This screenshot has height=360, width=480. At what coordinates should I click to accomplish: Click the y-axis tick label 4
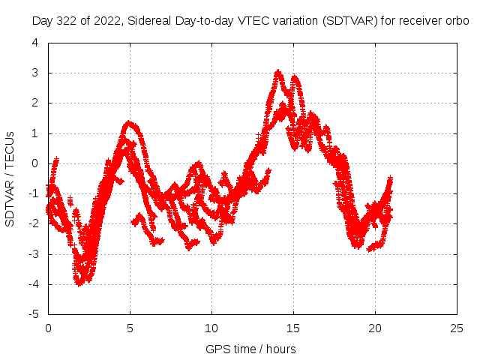click(35, 43)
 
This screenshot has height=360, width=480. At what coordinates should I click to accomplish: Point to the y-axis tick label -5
click(33, 314)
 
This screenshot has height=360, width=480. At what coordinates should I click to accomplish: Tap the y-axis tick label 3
click(35, 73)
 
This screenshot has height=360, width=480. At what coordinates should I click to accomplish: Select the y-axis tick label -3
click(33, 254)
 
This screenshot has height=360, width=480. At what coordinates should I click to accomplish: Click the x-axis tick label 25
click(457, 328)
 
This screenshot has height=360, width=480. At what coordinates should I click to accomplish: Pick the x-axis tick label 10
click(211, 328)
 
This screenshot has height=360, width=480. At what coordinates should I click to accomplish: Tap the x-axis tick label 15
click(293, 328)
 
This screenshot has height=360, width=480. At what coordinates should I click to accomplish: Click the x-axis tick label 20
click(375, 328)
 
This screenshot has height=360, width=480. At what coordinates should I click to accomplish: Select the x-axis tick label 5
click(130, 328)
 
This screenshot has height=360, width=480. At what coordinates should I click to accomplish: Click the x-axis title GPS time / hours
click(250, 349)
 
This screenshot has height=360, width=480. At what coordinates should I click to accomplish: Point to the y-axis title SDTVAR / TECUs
click(10, 179)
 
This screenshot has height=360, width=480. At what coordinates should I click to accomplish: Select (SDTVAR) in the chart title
click(350, 21)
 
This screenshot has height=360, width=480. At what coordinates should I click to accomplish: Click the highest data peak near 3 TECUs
click(278, 72)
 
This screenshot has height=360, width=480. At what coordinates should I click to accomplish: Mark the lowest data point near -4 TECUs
click(79, 283)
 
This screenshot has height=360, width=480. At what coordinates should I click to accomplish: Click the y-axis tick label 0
click(35, 163)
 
